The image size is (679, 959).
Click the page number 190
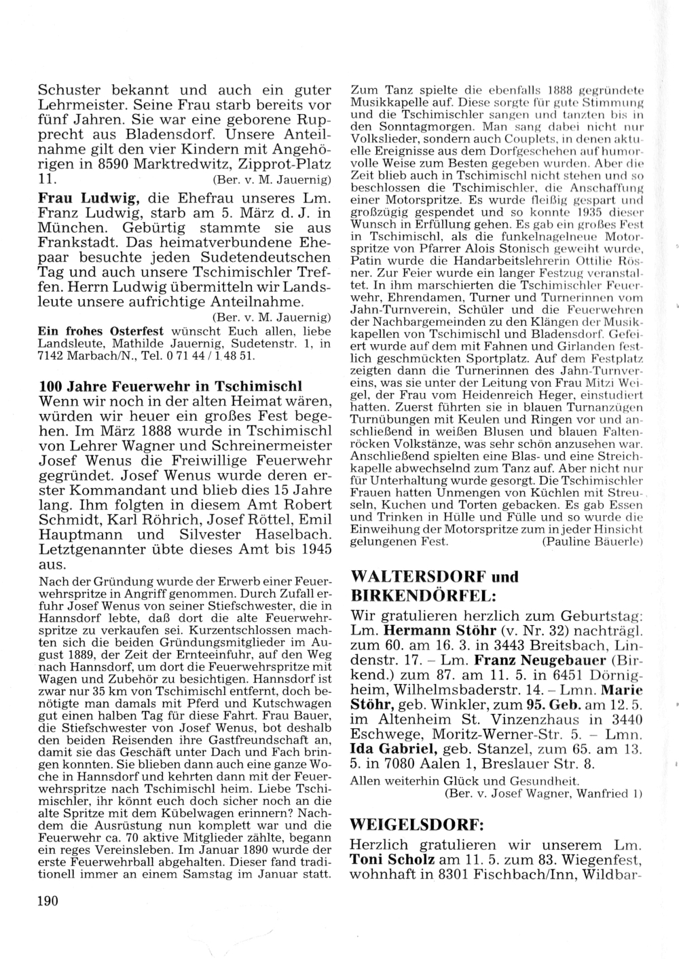pyautogui.click(x=48, y=901)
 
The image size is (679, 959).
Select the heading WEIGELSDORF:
pyautogui.click(x=416, y=825)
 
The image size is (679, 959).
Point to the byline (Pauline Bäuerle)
pyautogui.click(x=592, y=542)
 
